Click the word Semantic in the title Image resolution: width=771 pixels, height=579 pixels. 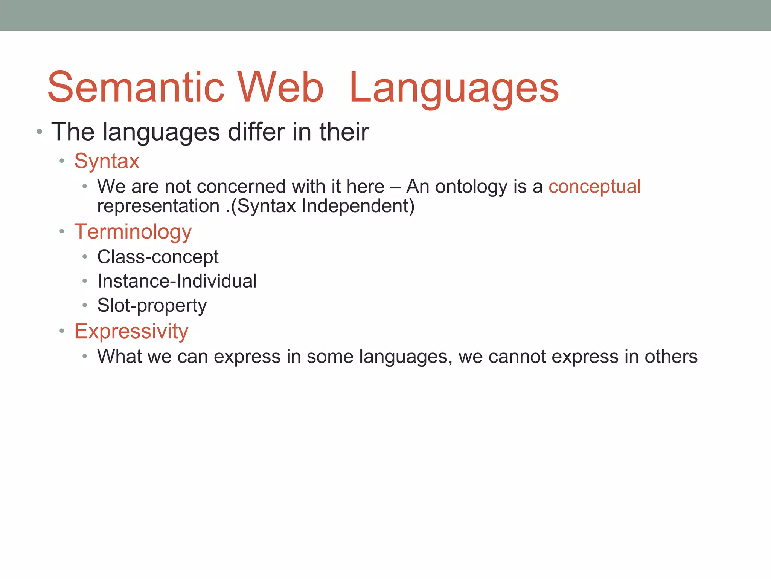136,87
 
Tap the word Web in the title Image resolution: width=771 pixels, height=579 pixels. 280,87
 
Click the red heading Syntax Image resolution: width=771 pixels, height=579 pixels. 107,161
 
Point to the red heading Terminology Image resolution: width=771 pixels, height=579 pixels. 133,231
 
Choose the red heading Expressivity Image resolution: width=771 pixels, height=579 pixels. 131,331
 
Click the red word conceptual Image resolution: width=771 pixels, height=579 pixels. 594,187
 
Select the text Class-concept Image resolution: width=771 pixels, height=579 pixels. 158,257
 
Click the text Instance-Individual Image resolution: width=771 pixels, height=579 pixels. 177,281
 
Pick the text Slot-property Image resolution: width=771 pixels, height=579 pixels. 152,306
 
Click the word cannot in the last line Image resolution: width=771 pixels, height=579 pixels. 517,357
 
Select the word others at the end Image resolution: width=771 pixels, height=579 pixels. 671,357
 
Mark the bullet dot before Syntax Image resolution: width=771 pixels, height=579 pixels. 62,161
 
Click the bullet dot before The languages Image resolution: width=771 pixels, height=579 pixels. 39,132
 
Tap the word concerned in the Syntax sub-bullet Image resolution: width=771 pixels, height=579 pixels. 241,187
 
